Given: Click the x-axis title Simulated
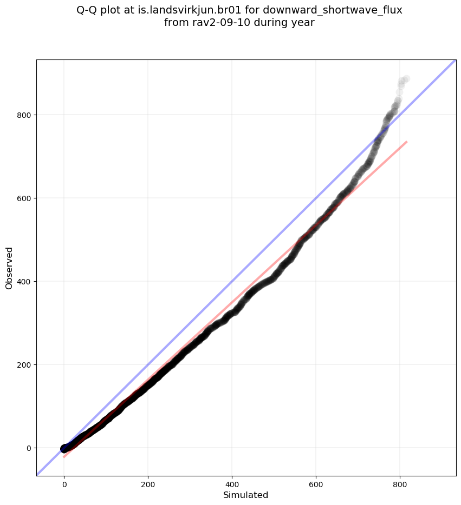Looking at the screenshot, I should (x=245, y=495).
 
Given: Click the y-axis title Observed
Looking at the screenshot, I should (x=9, y=268).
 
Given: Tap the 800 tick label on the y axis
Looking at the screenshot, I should (x=23, y=115).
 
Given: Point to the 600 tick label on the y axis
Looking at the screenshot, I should (x=23, y=198).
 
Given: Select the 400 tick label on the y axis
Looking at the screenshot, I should (x=23, y=282).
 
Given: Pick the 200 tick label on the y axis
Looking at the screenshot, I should (x=23, y=365).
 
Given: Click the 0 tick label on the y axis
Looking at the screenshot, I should (x=28, y=448).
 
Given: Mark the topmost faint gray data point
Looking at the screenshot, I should (x=406, y=79).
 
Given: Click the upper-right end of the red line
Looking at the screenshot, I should (x=406, y=142).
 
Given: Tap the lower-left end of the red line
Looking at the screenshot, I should (x=64, y=457).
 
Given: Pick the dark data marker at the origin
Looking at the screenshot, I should (x=64, y=448).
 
